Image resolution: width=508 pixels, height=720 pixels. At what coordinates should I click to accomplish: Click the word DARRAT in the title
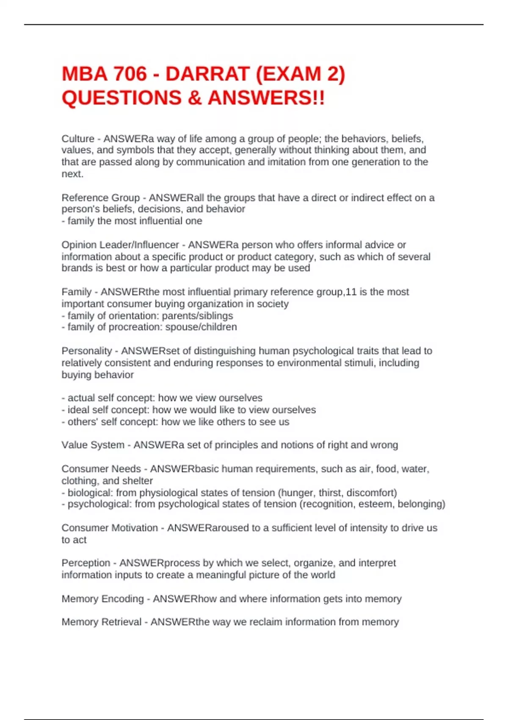point(207,74)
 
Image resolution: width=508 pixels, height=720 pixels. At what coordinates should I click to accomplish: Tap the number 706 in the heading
point(130,74)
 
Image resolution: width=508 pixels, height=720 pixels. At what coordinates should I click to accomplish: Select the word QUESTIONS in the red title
point(121,98)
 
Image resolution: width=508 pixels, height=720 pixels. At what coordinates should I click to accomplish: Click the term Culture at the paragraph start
point(78,139)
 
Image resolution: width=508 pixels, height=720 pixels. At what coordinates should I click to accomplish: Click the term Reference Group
point(100,198)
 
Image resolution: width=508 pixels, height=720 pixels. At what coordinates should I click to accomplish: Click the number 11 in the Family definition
point(351,292)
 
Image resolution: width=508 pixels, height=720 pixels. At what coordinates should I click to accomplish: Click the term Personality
point(86,351)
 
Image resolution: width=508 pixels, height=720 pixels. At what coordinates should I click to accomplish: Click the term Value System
point(93,445)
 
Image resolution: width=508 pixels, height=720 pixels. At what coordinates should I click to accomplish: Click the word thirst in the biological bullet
point(331,493)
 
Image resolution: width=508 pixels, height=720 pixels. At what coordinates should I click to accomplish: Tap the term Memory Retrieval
point(101,622)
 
